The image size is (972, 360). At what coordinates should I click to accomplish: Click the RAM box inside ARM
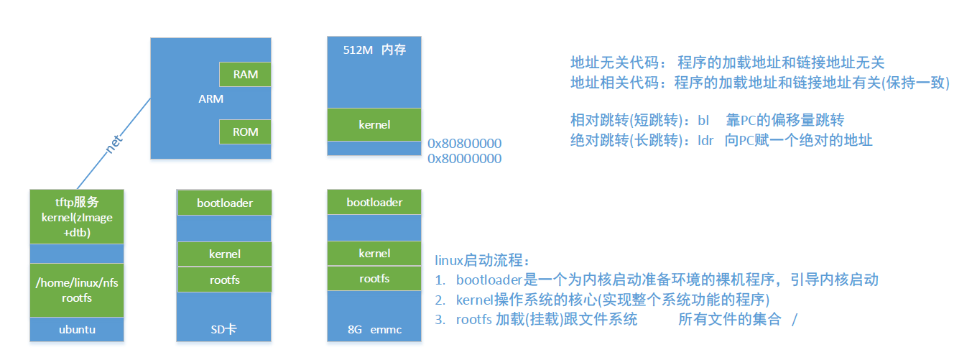pyautogui.click(x=246, y=74)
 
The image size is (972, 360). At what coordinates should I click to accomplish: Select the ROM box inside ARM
pyautogui.click(x=246, y=131)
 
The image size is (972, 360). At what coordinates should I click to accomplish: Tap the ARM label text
pyautogui.click(x=210, y=98)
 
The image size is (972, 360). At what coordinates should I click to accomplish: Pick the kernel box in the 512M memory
pyautogui.click(x=374, y=124)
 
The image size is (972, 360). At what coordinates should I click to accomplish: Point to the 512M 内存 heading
pyautogui.click(x=374, y=51)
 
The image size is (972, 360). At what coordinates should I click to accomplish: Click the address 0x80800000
pyautogui.click(x=464, y=143)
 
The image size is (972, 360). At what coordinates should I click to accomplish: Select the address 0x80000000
pyautogui.click(x=464, y=159)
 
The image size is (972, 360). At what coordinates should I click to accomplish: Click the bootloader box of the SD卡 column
pyautogui.click(x=225, y=203)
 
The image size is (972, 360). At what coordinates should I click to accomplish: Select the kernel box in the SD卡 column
pyautogui.click(x=225, y=254)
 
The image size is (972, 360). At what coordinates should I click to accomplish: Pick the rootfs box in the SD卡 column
pyautogui.click(x=225, y=280)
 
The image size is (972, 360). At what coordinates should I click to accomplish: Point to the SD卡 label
pyautogui.click(x=224, y=330)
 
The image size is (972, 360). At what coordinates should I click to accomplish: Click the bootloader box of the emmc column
pyautogui.click(x=374, y=202)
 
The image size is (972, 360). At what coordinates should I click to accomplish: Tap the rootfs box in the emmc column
pyautogui.click(x=374, y=278)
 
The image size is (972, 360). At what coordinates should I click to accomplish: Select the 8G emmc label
pyautogui.click(x=374, y=330)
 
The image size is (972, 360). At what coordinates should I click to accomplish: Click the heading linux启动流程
pyautogui.click(x=482, y=259)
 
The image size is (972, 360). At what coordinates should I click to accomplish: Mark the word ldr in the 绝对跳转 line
pyautogui.click(x=705, y=140)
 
